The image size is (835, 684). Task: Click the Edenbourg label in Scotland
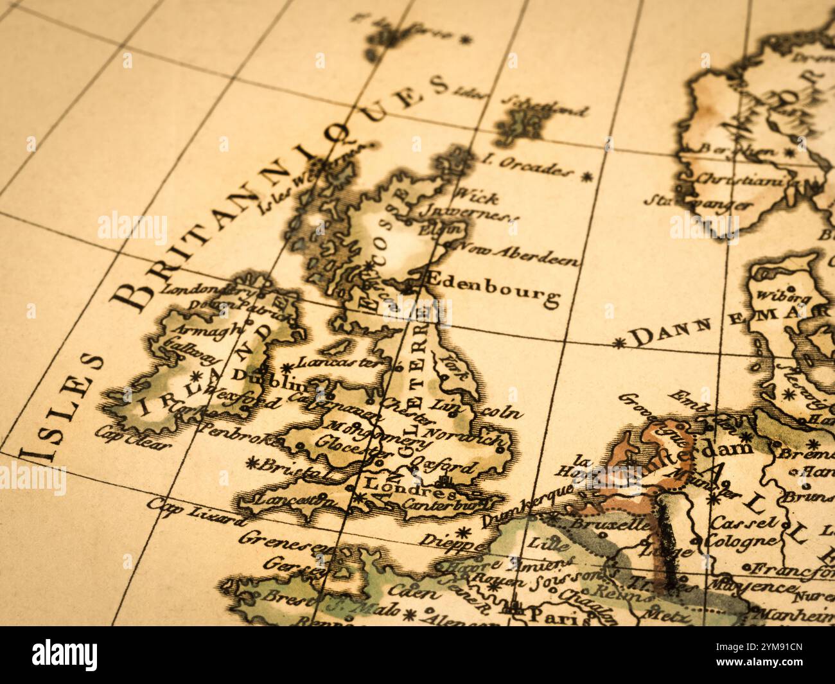[x=492, y=287]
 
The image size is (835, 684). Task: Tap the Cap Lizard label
[x=196, y=511]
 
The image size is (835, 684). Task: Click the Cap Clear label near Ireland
[x=134, y=437]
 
